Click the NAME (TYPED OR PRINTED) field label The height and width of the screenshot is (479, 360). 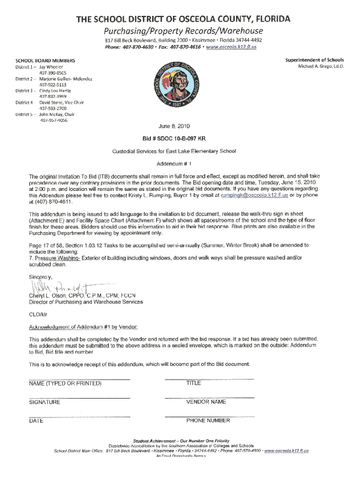point(65,384)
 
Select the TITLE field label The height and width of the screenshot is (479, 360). point(194,383)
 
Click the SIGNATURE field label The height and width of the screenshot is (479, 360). point(44,402)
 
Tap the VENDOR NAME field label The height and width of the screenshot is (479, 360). point(206,402)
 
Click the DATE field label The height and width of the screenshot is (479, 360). point(36,421)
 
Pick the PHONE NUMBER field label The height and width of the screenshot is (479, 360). point(208,421)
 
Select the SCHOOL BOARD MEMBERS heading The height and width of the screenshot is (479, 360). point(45,61)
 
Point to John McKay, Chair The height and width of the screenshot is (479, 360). point(57,114)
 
